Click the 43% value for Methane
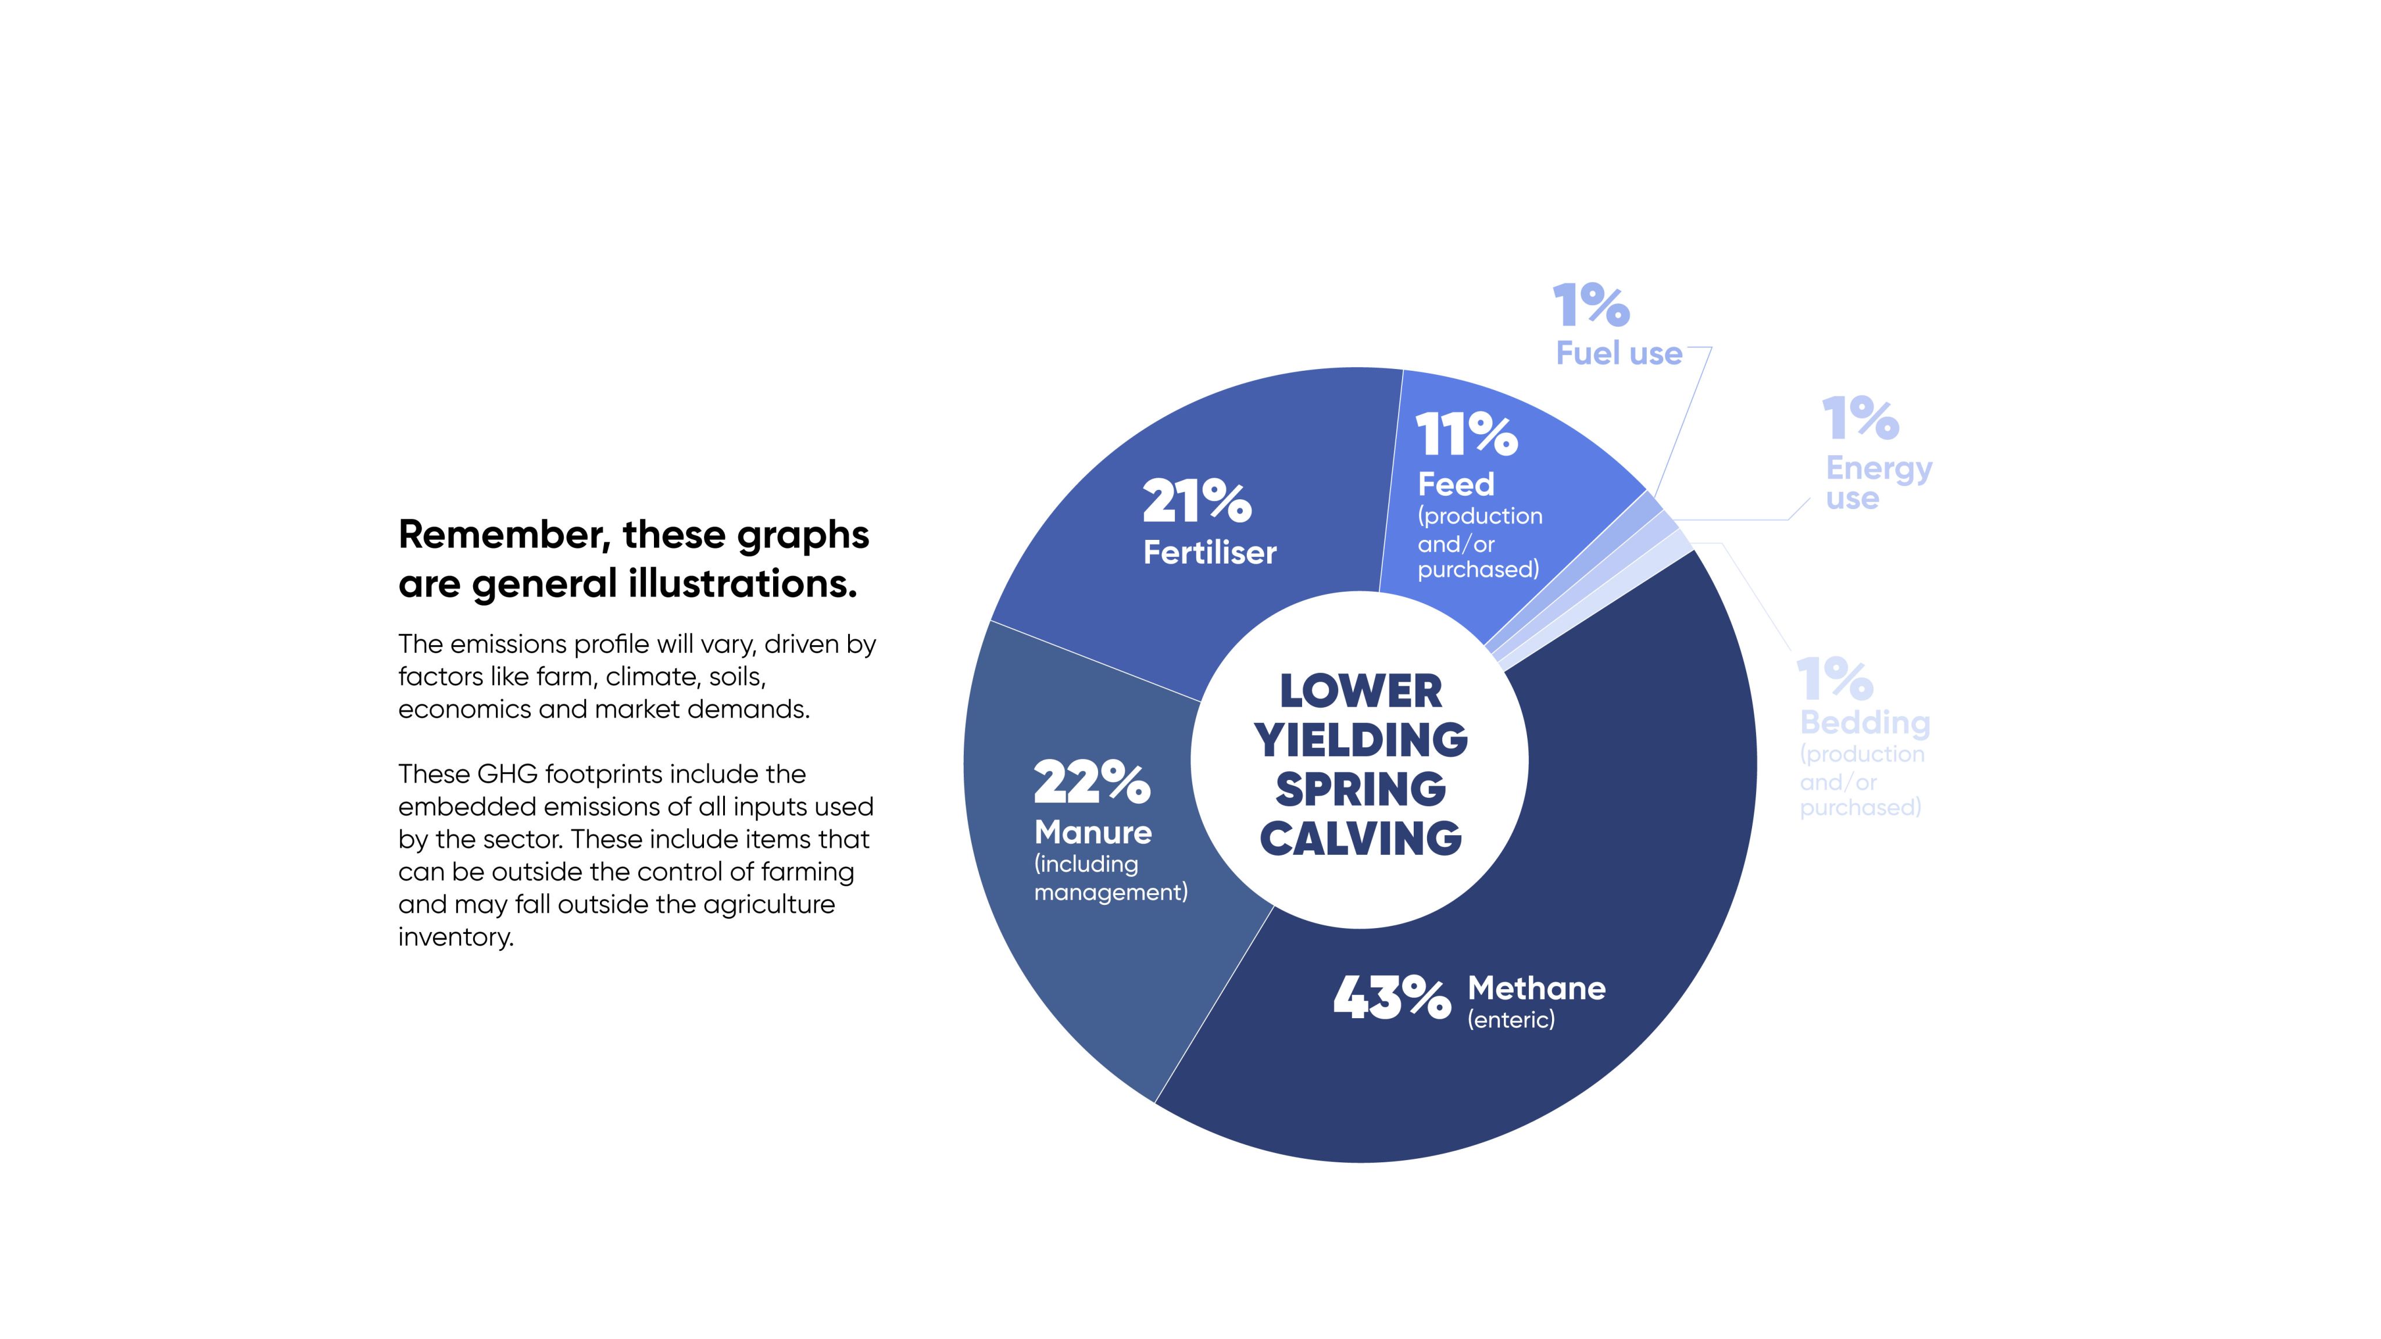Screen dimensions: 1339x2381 tap(1391, 998)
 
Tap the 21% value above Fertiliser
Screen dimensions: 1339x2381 tap(1197, 501)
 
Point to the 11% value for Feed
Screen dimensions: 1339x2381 tap(1466, 434)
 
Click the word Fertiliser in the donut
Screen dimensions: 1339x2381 tap(1210, 553)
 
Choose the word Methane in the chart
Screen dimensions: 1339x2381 tap(1536, 989)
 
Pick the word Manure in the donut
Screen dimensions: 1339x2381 tap(1092, 833)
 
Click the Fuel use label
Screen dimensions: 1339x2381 tap(1618, 353)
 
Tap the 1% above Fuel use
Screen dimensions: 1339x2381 tap(1590, 305)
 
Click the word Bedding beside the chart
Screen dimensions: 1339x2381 tap(1864, 722)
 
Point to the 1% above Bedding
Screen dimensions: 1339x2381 tap(1835, 679)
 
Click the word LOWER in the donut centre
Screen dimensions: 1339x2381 tap(1360, 691)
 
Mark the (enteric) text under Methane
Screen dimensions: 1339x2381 tap(1511, 1019)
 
